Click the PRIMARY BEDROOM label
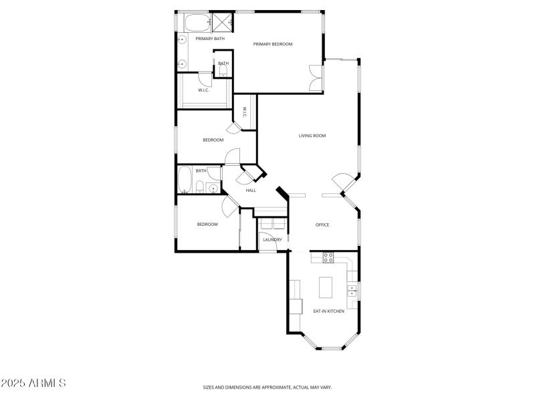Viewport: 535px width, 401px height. pyautogui.click(x=273, y=44)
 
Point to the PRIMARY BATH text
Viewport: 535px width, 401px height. pyautogui.click(x=210, y=39)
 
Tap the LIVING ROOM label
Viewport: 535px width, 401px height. pyautogui.click(x=312, y=136)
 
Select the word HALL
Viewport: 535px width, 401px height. pyautogui.click(x=251, y=190)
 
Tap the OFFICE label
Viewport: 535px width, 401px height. pyautogui.click(x=322, y=225)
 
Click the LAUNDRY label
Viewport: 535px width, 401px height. pyautogui.click(x=272, y=239)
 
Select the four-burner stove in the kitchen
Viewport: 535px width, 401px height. pyautogui.click(x=328, y=256)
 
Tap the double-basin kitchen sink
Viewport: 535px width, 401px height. pyautogui.click(x=352, y=291)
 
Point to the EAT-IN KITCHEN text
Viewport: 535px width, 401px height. pyautogui.click(x=329, y=311)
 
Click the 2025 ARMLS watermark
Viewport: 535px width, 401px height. pyautogui.click(x=33, y=384)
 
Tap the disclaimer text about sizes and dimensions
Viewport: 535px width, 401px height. pyautogui.click(x=267, y=387)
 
